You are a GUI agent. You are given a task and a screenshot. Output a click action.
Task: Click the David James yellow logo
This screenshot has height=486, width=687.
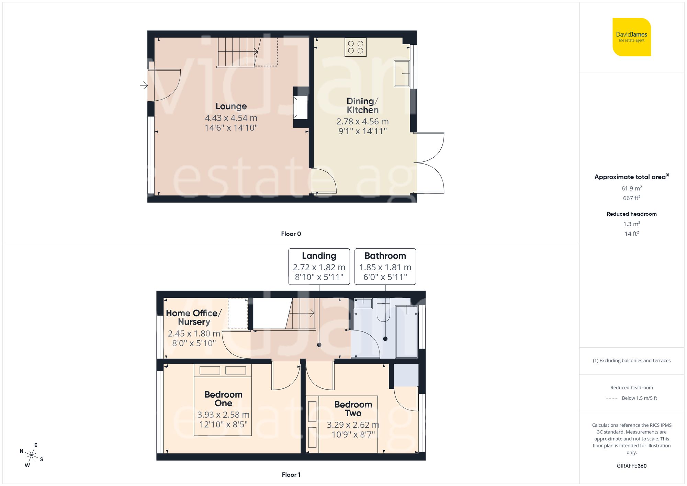click(631, 37)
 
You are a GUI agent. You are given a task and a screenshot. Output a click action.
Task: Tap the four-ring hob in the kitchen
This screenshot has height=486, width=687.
click(356, 47)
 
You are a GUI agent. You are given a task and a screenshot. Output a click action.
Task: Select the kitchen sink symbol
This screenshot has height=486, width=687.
click(402, 74)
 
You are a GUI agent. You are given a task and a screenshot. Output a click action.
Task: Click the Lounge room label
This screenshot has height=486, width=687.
click(231, 106)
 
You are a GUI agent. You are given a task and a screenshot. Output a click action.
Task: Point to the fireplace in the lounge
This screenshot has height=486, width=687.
click(300, 108)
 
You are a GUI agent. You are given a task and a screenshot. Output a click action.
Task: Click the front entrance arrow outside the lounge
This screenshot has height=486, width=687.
click(144, 85)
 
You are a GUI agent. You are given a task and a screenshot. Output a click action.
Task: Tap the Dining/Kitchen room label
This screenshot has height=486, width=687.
click(362, 105)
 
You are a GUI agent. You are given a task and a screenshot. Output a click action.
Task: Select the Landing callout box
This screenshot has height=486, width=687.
click(319, 267)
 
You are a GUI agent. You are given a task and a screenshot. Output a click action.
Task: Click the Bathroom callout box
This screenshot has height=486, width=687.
click(385, 267)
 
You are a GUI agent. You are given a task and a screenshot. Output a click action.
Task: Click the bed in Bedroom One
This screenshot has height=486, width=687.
click(223, 400)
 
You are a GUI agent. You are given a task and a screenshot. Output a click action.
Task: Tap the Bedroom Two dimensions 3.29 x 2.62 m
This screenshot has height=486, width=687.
click(353, 425)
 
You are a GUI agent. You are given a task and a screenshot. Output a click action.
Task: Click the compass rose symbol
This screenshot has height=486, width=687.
click(31, 455)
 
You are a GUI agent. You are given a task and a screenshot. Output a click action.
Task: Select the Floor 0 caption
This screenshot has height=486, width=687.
click(291, 234)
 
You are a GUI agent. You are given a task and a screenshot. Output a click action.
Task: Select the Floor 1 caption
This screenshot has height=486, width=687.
click(291, 475)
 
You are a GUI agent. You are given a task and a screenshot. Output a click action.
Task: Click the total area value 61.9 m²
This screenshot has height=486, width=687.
click(631, 188)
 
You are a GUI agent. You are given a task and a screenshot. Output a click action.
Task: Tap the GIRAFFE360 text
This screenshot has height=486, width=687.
click(631, 466)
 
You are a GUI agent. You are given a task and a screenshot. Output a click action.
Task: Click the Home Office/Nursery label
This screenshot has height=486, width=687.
click(194, 317)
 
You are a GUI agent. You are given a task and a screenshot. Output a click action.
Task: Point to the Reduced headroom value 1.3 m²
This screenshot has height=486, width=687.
click(631, 224)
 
